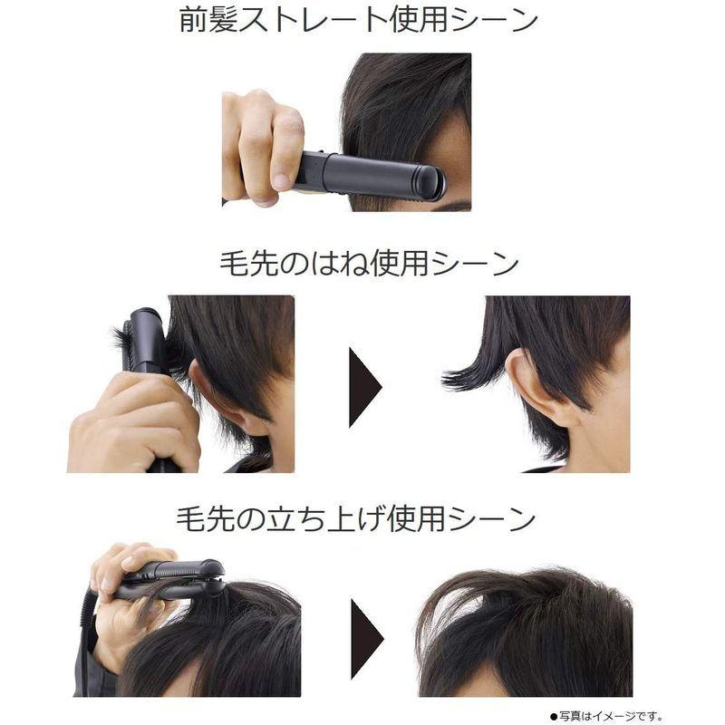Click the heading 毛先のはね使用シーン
[369, 264]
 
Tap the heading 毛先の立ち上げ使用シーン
[356, 519]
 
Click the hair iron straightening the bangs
[372, 175]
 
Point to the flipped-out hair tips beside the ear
[467, 373]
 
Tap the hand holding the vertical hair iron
[136, 421]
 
